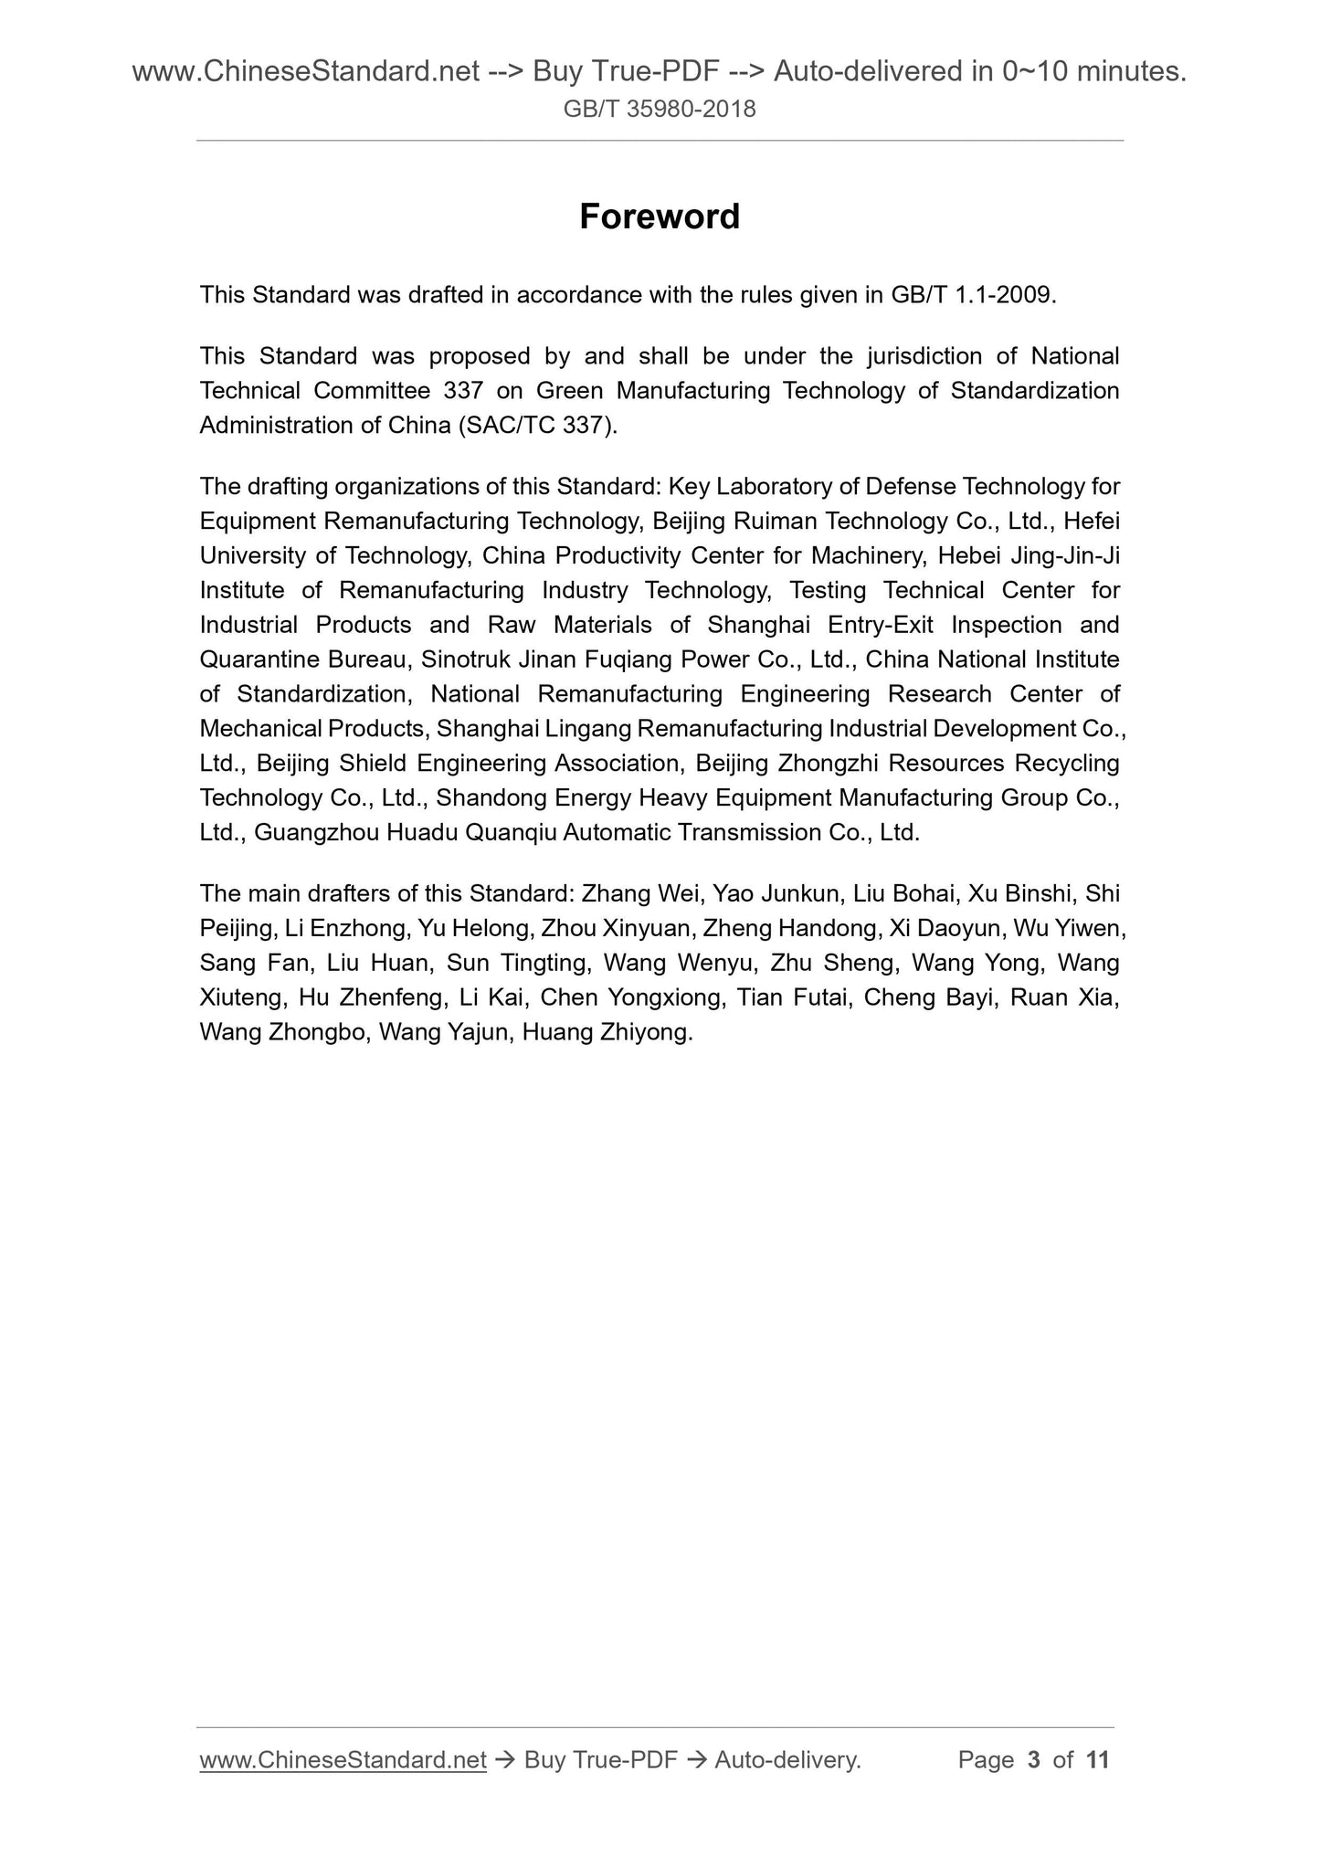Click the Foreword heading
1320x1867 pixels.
660,216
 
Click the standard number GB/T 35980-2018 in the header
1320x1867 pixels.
660,110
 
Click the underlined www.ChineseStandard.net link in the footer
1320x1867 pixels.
343,1759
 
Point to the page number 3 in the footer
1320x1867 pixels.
1033,1759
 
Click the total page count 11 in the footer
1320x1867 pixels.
1097,1759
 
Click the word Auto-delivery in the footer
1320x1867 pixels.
787,1759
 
